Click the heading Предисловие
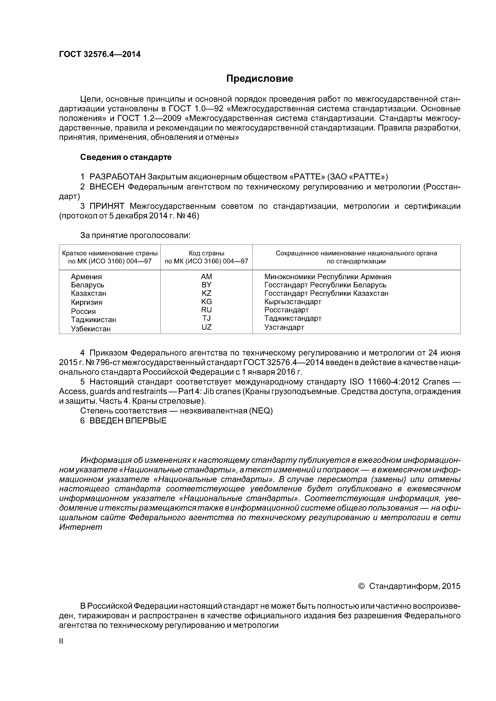point(259,79)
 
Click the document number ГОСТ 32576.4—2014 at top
point(100,54)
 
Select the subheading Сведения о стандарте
point(126,157)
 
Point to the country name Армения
point(86,277)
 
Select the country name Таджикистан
point(94,320)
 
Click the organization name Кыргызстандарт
point(293,302)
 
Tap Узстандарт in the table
point(284,327)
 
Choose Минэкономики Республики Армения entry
point(328,277)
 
